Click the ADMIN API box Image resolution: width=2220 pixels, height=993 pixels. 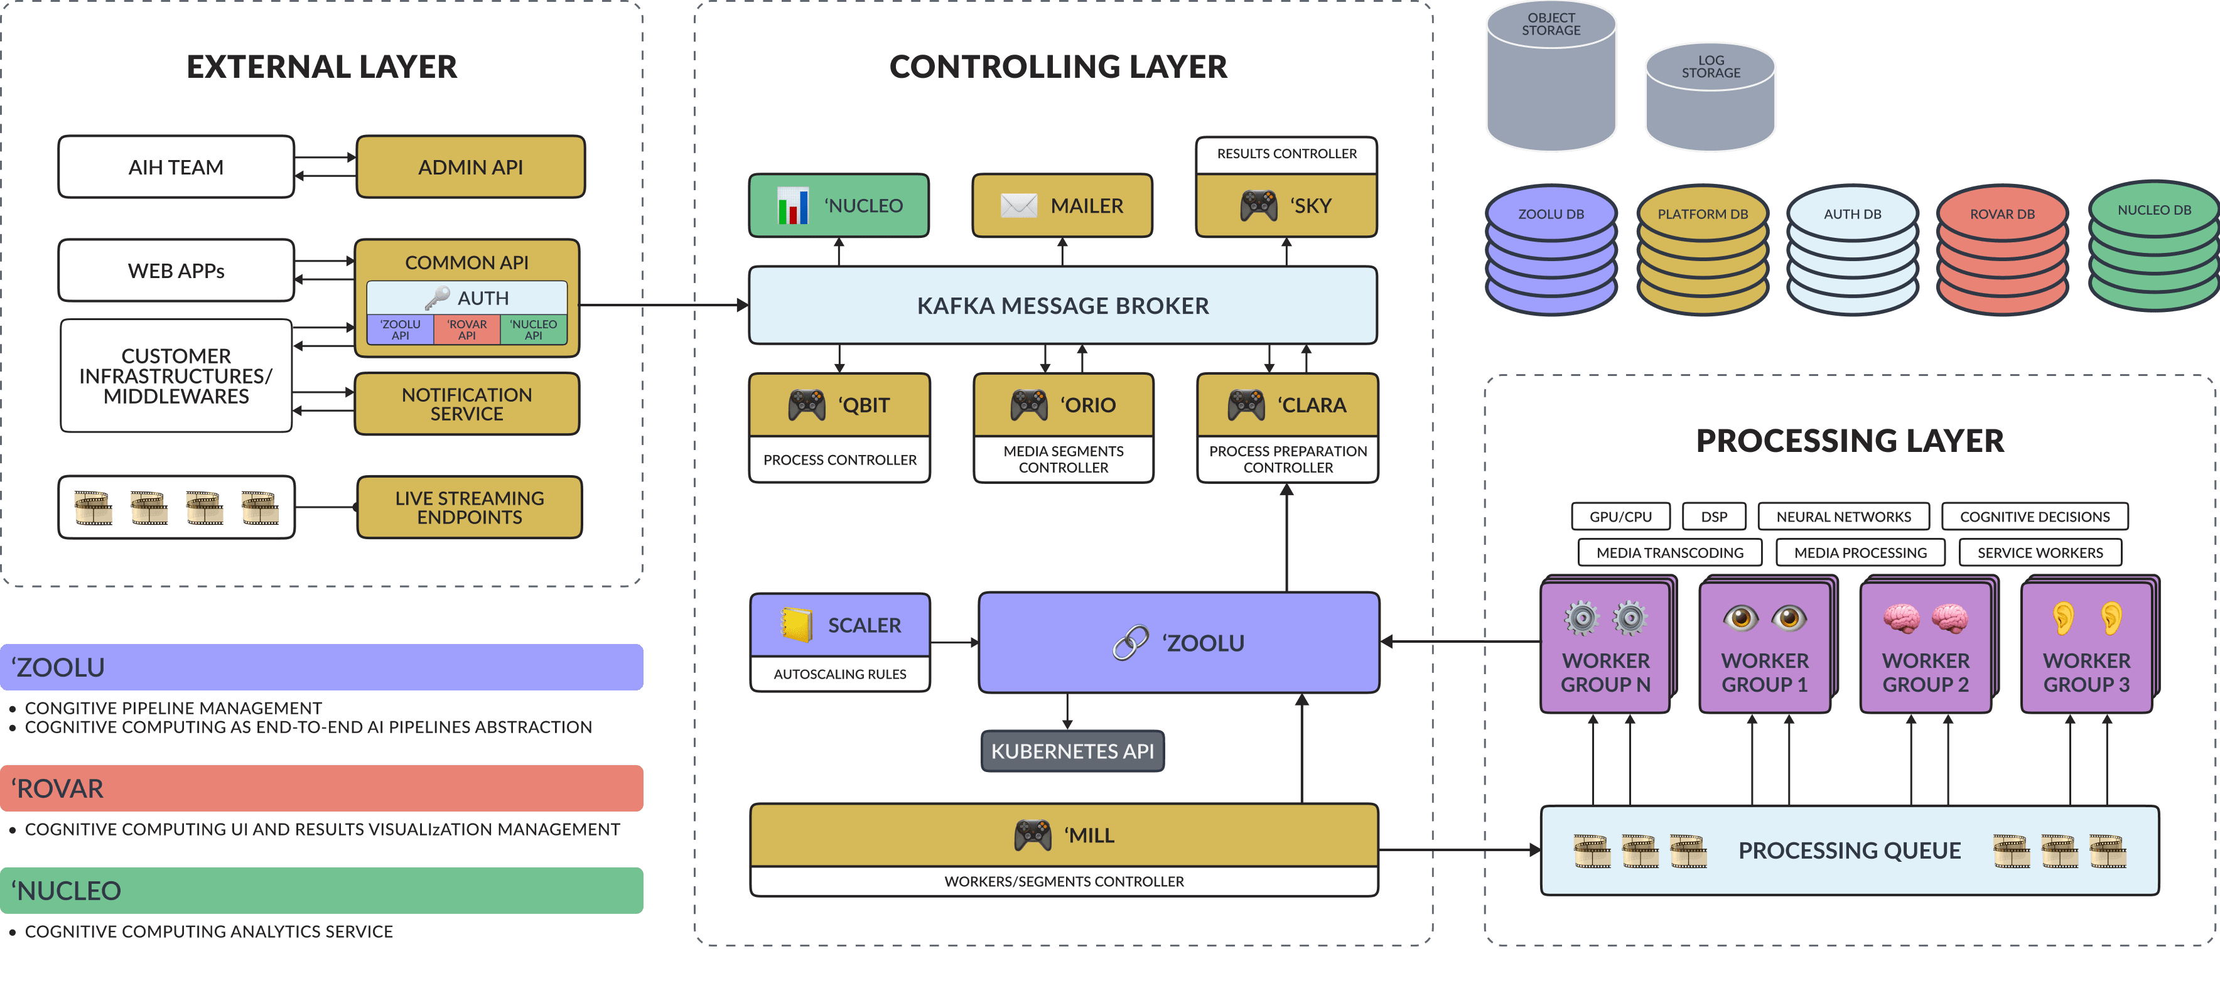[x=470, y=167]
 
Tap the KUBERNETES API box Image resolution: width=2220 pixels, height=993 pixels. [x=1072, y=751]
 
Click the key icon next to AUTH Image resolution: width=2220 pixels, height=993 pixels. [x=437, y=298]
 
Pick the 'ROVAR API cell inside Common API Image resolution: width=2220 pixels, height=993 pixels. [x=466, y=330]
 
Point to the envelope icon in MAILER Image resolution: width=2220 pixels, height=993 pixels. [x=1018, y=205]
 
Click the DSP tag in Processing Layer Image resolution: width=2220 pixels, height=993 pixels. [x=1713, y=517]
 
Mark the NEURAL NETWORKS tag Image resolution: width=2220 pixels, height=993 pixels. [x=1843, y=517]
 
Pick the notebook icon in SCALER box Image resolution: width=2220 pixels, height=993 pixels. [x=795, y=625]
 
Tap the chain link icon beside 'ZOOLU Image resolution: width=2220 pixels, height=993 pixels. [x=1130, y=643]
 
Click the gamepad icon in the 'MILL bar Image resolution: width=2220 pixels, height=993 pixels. [x=1032, y=834]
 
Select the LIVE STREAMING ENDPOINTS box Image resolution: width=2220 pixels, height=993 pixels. [x=470, y=508]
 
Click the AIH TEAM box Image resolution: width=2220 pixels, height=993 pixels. [x=176, y=167]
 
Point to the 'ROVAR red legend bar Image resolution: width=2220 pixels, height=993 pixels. [x=321, y=788]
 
